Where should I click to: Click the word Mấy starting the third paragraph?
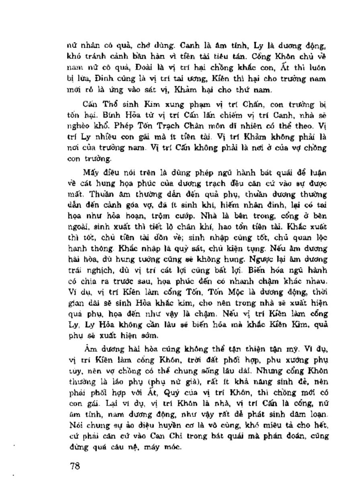(91, 173)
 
